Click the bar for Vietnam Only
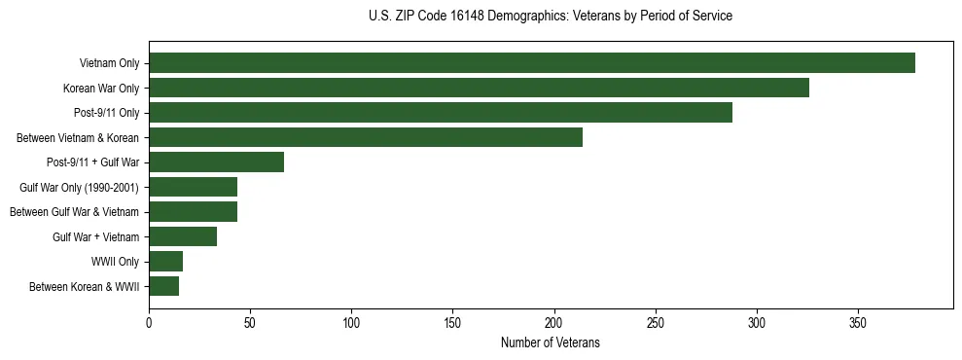click(x=532, y=63)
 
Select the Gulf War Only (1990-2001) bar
click(x=193, y=187)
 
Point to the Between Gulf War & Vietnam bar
click(x=193, y=211)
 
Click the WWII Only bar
click(x=165, y=261)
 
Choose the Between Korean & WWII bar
click(x=163, y=286)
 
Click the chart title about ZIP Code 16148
click(x=551, y=16)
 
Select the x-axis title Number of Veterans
click(x=551, y=343)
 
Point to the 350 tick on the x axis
click(x=858, y=322)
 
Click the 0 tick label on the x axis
click(x=149, y=322)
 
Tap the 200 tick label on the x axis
click(x=554, y=322)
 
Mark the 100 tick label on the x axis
click(x=351, y=322)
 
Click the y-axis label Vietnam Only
click(x=109, y=63)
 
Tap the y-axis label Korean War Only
click(x=101, y=88)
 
